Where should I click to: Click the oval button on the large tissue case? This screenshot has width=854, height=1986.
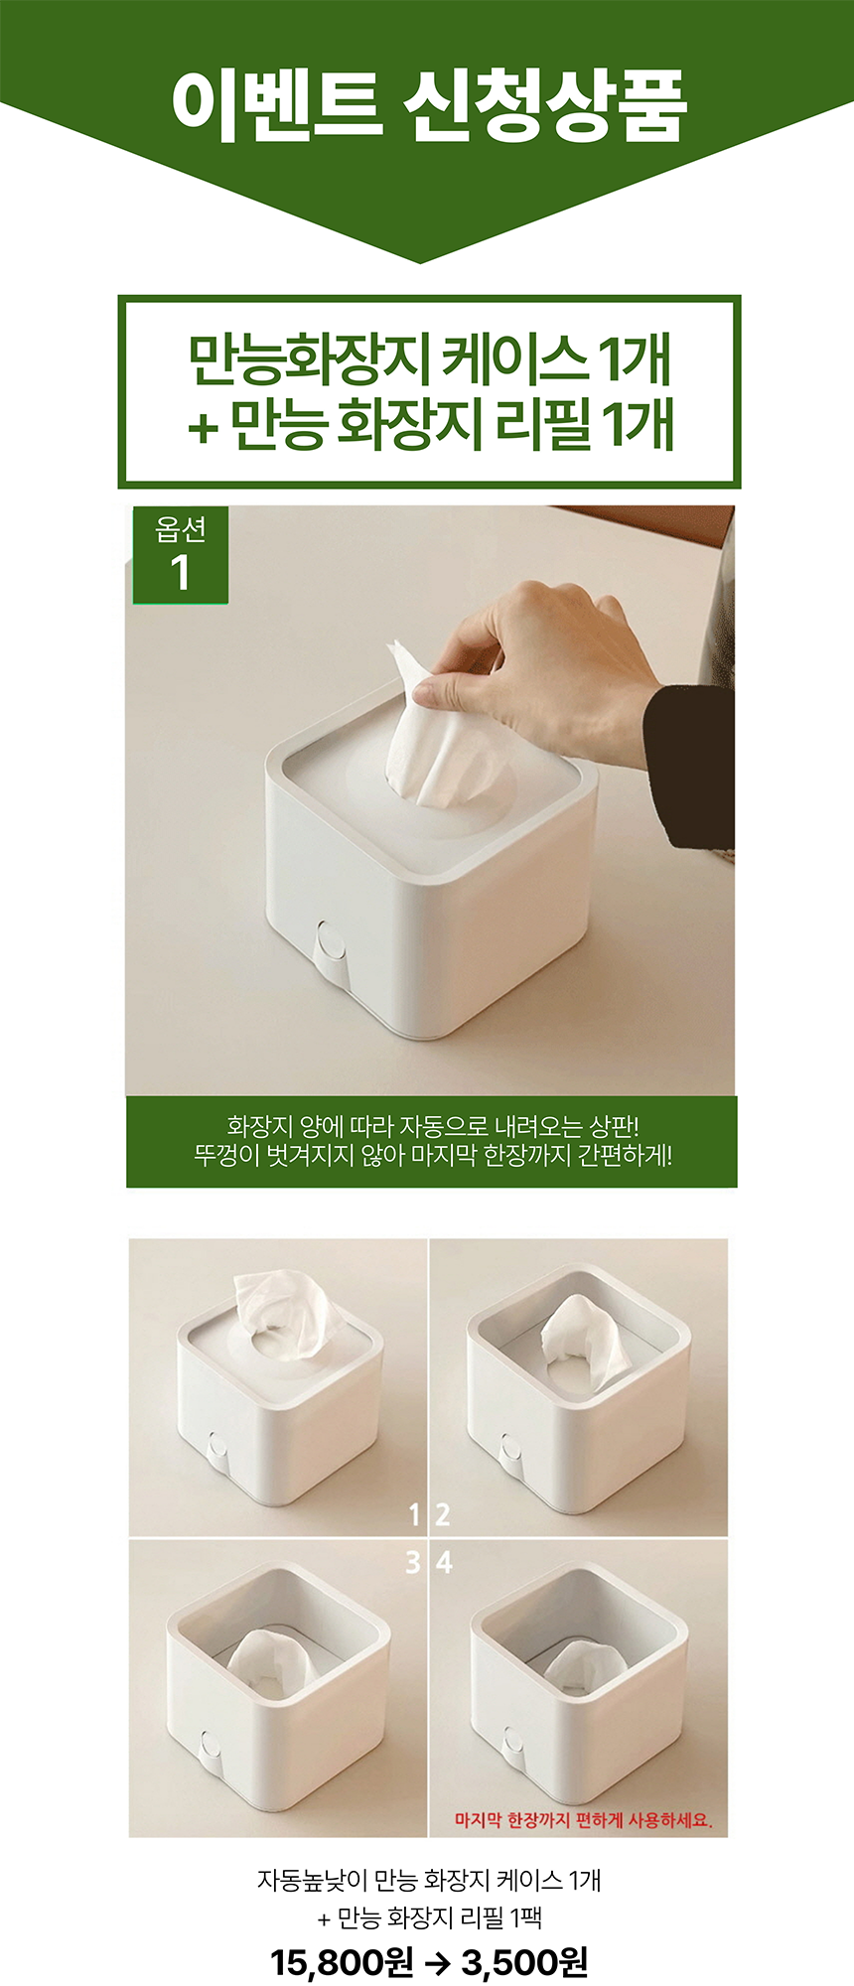(x=327, y=941)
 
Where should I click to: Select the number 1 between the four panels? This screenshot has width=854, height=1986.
(x=414, y=1514)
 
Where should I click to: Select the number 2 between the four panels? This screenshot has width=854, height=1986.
(x=443, y=1514)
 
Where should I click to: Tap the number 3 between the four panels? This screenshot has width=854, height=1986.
(x=413, y=1562)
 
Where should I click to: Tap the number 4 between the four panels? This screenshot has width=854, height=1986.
(x=444, y=1562)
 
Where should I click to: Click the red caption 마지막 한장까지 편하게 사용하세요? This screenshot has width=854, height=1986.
(x=584, y=1820)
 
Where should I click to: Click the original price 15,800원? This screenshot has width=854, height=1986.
(x=341, y=1961)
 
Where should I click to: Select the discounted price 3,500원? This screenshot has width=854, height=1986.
(x=524, y=1961)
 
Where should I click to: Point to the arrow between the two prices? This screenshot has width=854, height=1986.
(x=437, y=1961)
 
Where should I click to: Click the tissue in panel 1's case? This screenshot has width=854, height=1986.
(x=283, y=1316)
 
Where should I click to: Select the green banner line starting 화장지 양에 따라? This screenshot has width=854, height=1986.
(x=432, y=1127)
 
